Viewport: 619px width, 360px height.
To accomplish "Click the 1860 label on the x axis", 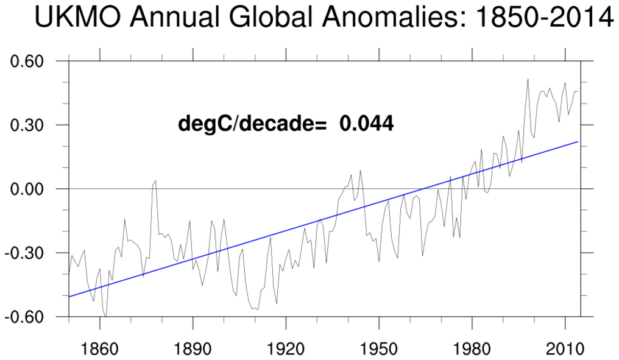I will (x=99, y=350).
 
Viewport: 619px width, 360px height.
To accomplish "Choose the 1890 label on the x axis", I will (x=193, y=350).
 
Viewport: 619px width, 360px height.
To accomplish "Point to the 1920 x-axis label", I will (x=286, y=350).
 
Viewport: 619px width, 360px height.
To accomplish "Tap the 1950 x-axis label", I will (x=379, y=350).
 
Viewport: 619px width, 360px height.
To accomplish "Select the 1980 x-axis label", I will (x=472, y=350).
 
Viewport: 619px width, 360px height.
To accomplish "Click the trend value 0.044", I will (x=366, y=124).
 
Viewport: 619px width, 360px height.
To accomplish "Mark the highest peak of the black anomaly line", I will (x=528, y=79).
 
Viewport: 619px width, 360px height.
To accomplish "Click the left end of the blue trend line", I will (x=69, y=297).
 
